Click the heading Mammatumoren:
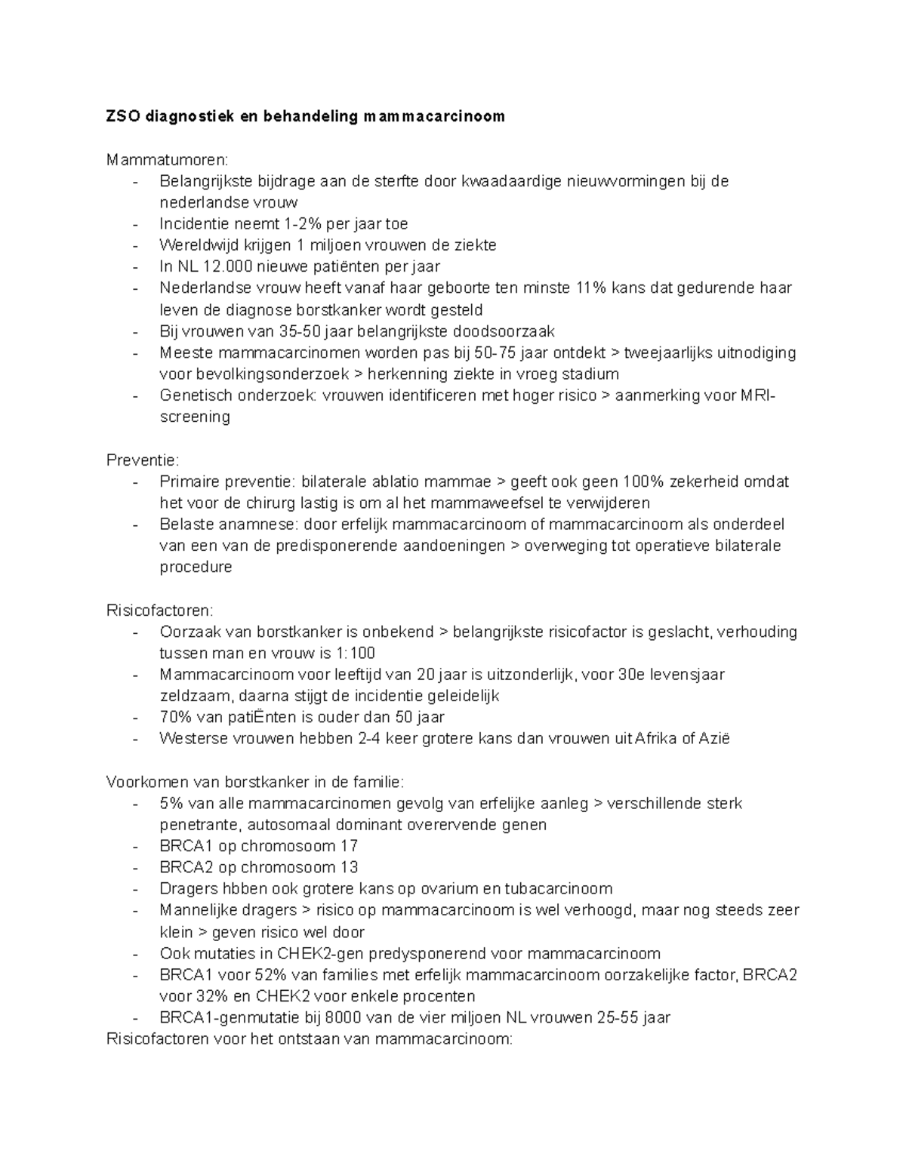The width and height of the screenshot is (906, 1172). [x=166, y=160]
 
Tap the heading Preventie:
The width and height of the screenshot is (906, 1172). [x=143, y=460]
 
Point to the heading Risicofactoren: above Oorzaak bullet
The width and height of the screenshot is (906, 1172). [x=160, y=610]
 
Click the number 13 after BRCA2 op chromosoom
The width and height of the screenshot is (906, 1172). [x=349, y=867]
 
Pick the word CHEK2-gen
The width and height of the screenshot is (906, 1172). [x=312, y=953]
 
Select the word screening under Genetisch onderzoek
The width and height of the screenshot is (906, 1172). [x=195, y=417]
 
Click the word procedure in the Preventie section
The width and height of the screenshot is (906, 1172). [x=196, y=567]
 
